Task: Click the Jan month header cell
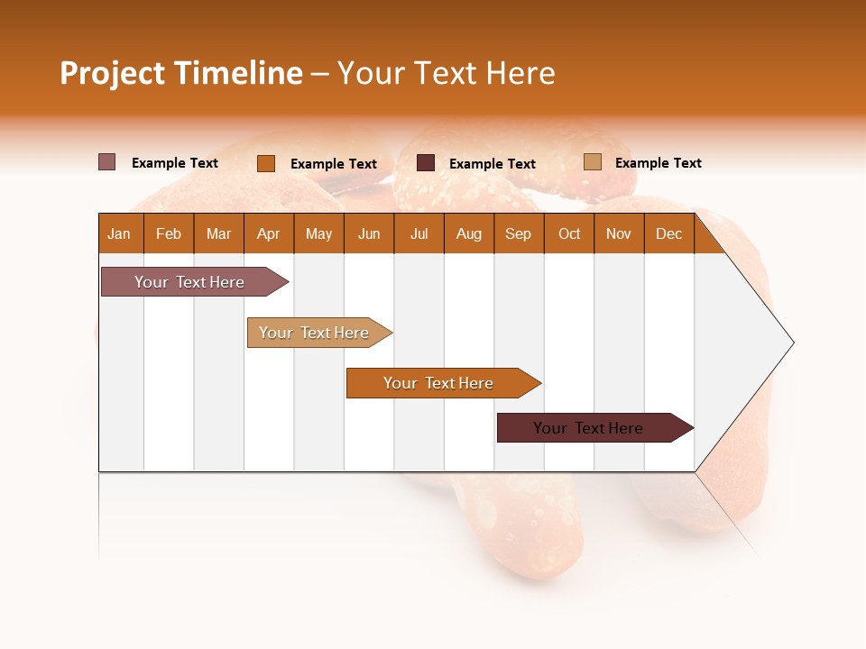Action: pos(120,233)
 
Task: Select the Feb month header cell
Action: pos(169,233)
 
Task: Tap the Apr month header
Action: pos(269,233)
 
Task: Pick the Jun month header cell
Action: pos(369,233)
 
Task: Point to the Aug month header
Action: pos(469,233)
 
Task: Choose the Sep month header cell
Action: pos(519,233)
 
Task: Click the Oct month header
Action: pos(569,233)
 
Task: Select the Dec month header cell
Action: pos(669,233)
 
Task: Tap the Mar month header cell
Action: pos(219,233)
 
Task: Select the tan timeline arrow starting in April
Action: pos(316,333)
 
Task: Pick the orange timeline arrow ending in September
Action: pos(440,383)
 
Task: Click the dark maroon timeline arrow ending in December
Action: pos(591,428)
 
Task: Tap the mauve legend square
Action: pos(106,162)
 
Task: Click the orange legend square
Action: pos(265,163)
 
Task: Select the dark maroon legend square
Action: pos(426,163)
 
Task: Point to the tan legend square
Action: pos(592,162)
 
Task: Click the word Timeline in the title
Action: pos(238,73)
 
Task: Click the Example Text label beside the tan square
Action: pos(658,163)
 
